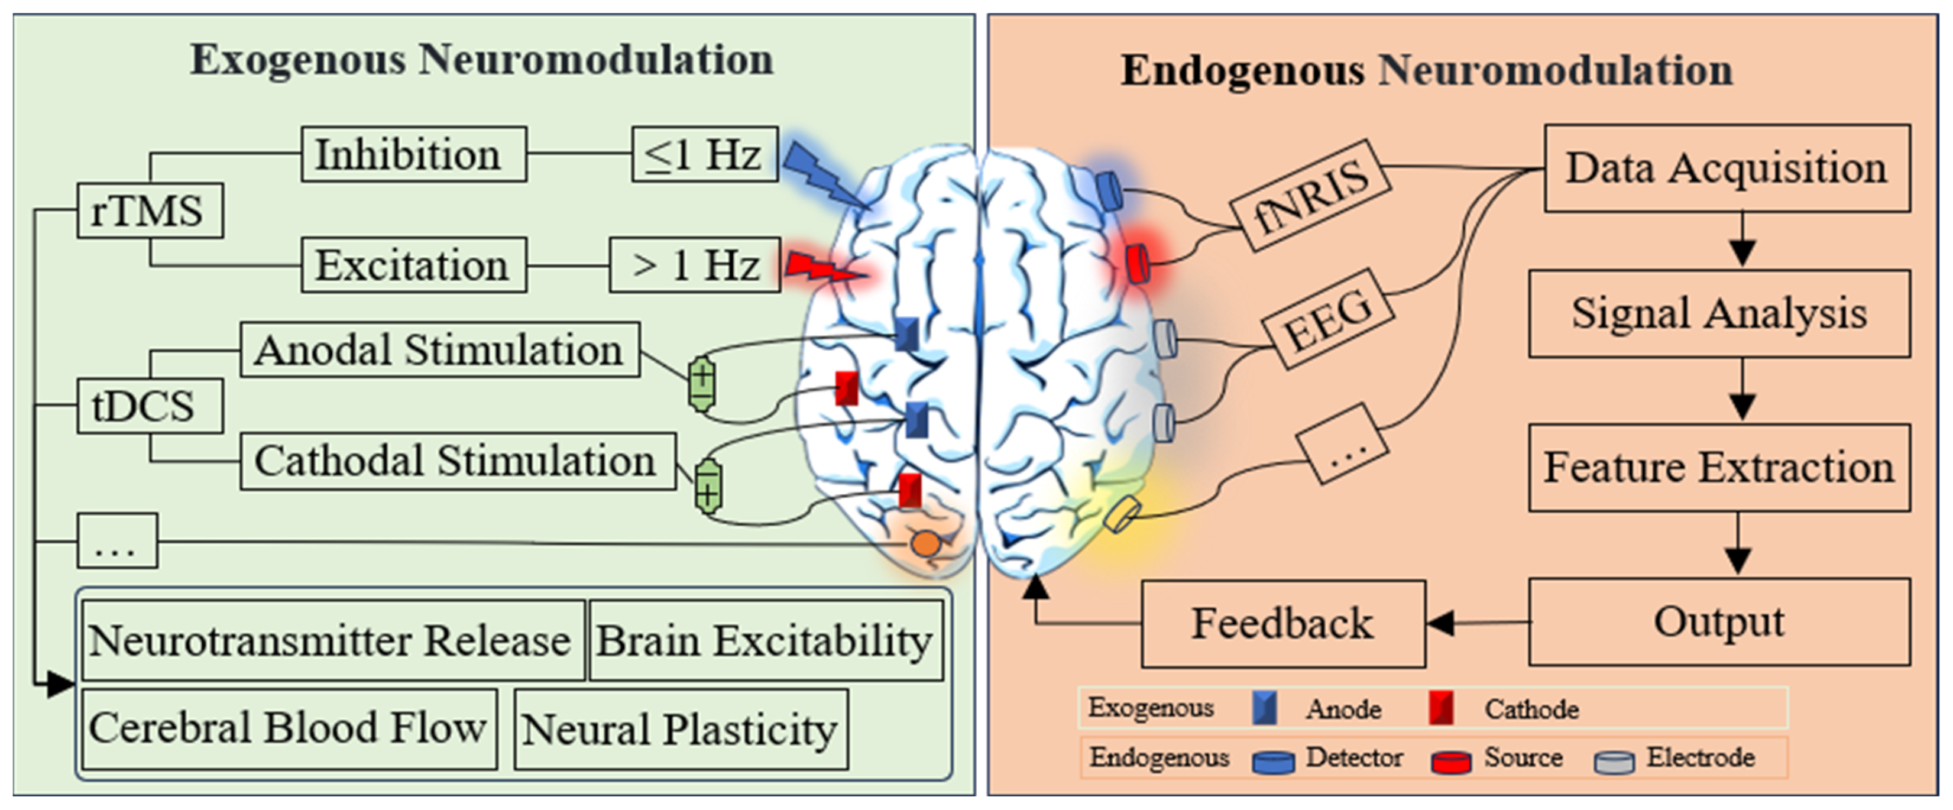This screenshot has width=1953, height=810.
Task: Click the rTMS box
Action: (x=150, y=210)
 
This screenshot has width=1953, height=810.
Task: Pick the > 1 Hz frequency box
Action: (x=695, y=265)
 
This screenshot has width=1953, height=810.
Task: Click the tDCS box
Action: (x=150, y=406)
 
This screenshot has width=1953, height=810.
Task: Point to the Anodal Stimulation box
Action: (x=440, y=349)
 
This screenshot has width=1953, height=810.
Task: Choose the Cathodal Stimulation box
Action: (x=457, y=461)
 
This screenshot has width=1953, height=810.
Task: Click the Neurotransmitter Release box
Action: (x=332, y=640)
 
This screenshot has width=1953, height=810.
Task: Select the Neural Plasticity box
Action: (x=680, y=729)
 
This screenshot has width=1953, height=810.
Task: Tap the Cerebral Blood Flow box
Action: (x=289, y=728)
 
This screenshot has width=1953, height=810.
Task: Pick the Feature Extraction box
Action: (x=1719, y=467)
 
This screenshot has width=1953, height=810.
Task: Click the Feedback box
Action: (x=1283, y=623)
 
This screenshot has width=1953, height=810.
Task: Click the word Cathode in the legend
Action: (x=1531, y=709)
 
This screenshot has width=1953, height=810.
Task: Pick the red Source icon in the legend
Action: (x=1451, y=761)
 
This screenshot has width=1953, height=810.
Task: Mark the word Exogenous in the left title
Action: (x=297, y=59)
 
